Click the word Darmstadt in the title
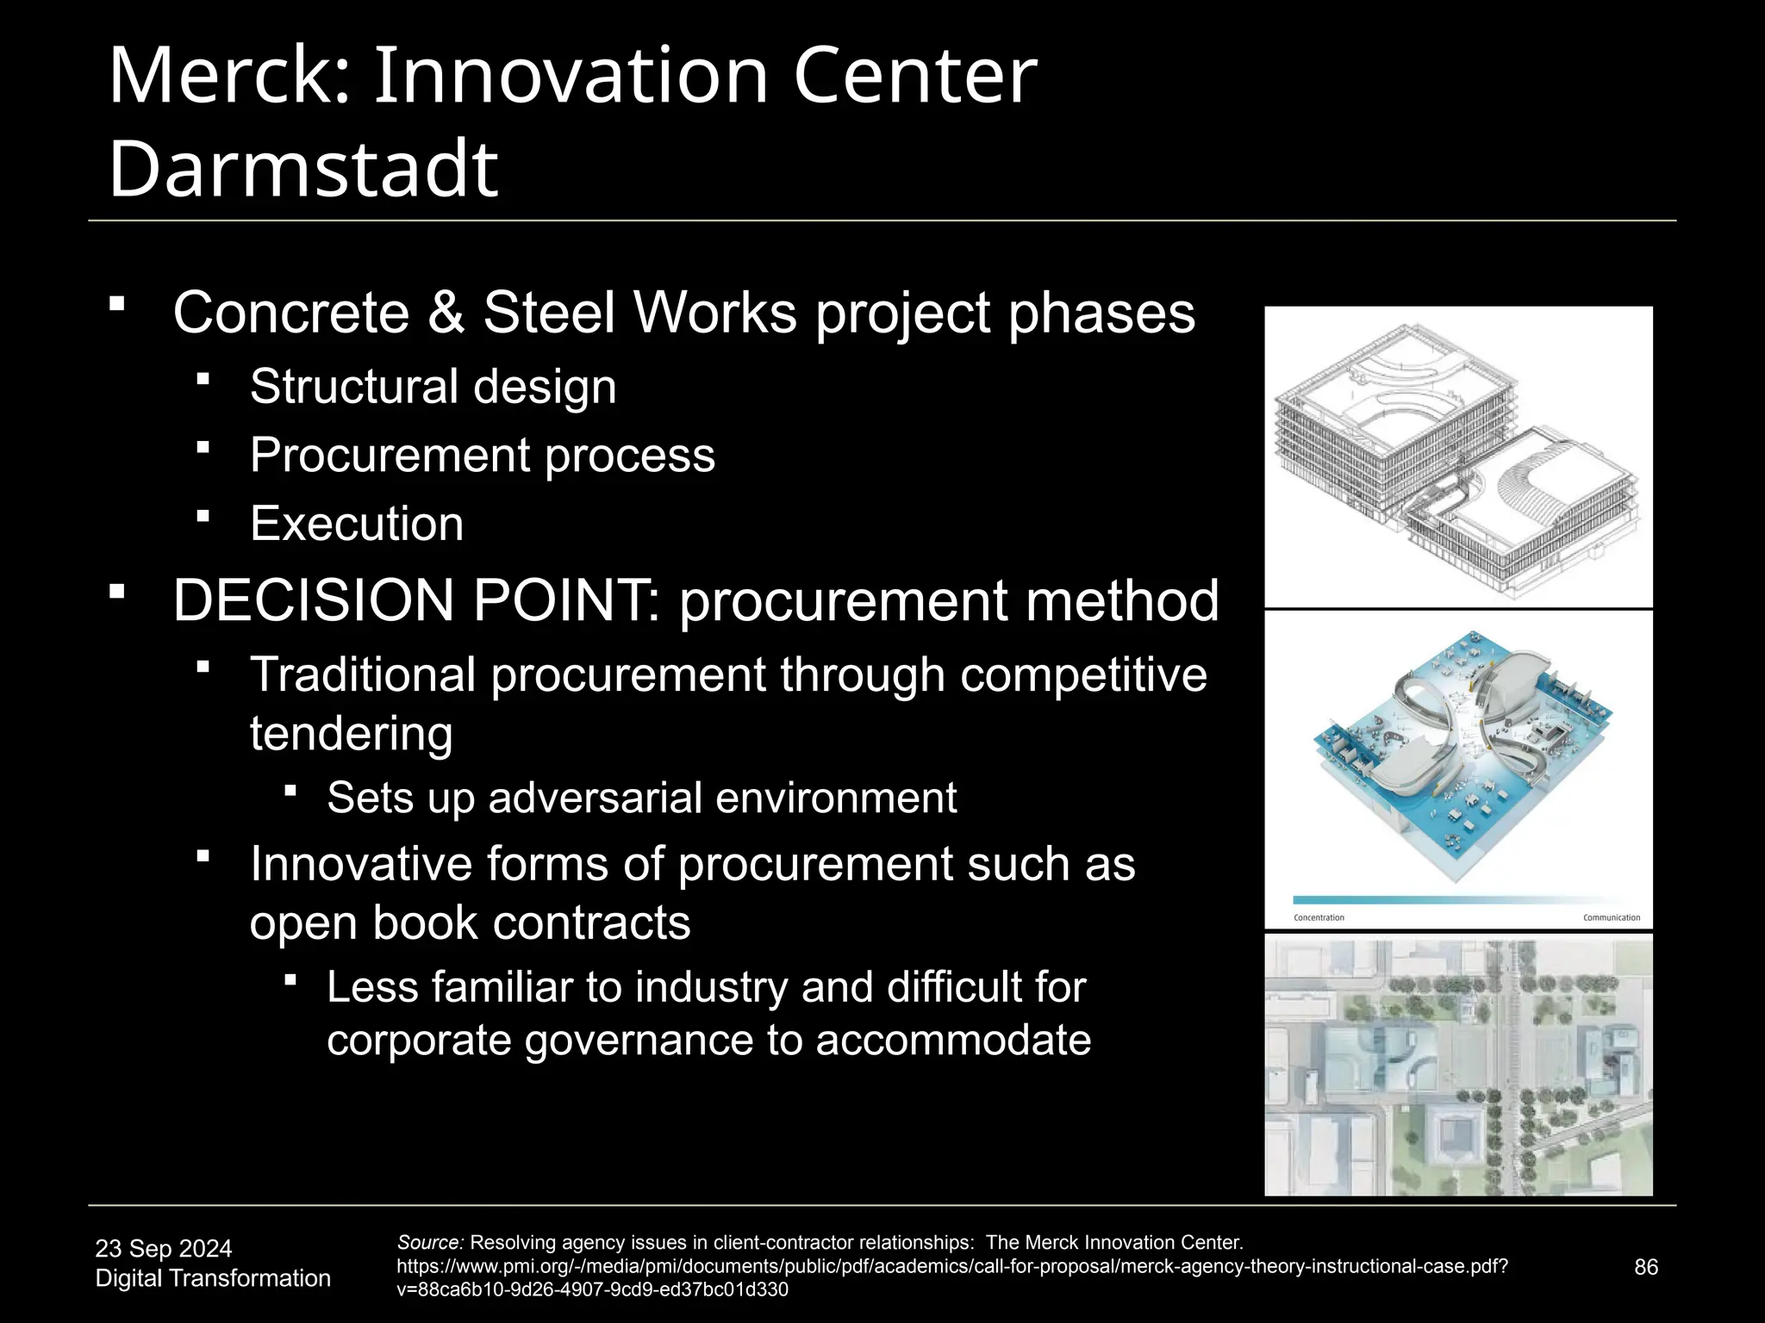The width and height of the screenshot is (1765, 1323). point(303,168)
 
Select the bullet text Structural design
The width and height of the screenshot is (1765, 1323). point(433,387)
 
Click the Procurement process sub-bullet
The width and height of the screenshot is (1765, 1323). point(482,456)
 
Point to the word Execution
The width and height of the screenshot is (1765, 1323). point(357,524)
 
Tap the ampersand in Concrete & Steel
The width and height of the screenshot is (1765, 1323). point(446,313)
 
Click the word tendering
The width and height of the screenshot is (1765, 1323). point(351,734)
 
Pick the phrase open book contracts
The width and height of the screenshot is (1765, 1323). point(470,923)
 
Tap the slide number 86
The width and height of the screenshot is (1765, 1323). point(1646,1267)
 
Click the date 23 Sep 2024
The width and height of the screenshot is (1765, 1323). point(164,1249)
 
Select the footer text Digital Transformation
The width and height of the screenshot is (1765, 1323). point(213,1278)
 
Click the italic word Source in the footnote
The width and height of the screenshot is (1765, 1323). point(430,1243)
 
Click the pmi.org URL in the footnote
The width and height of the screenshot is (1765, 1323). point(951,1267)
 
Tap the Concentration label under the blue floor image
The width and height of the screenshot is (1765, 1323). point(1319,918)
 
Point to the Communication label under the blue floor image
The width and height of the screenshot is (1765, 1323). point(1611,918)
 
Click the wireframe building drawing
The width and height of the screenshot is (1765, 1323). point(1458,457)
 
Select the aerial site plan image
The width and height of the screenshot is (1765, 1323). point(1458,1065)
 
